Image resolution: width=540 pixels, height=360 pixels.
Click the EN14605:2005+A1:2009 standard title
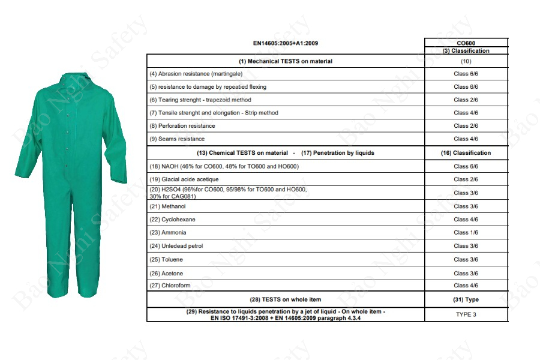click(285, 43)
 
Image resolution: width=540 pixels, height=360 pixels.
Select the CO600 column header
click(466, 43)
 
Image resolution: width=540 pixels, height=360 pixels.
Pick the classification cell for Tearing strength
click(466, 100)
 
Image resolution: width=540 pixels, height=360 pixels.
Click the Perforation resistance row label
click(182, 126)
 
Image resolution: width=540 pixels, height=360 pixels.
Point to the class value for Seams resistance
click(466, 139)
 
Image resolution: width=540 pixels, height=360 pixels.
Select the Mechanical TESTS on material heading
click(285, 61)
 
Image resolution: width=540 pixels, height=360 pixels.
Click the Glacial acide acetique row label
click(184, 179)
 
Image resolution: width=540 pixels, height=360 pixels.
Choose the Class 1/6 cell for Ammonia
click(466, 232)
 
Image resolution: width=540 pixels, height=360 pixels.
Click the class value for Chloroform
click(466, 286)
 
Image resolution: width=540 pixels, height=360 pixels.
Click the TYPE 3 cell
click(466, 314)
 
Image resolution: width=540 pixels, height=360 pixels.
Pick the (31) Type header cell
click(466, 299)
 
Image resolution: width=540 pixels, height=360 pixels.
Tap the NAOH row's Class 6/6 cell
click(466, 166)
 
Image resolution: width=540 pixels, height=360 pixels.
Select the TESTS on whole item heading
click(285, 299)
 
